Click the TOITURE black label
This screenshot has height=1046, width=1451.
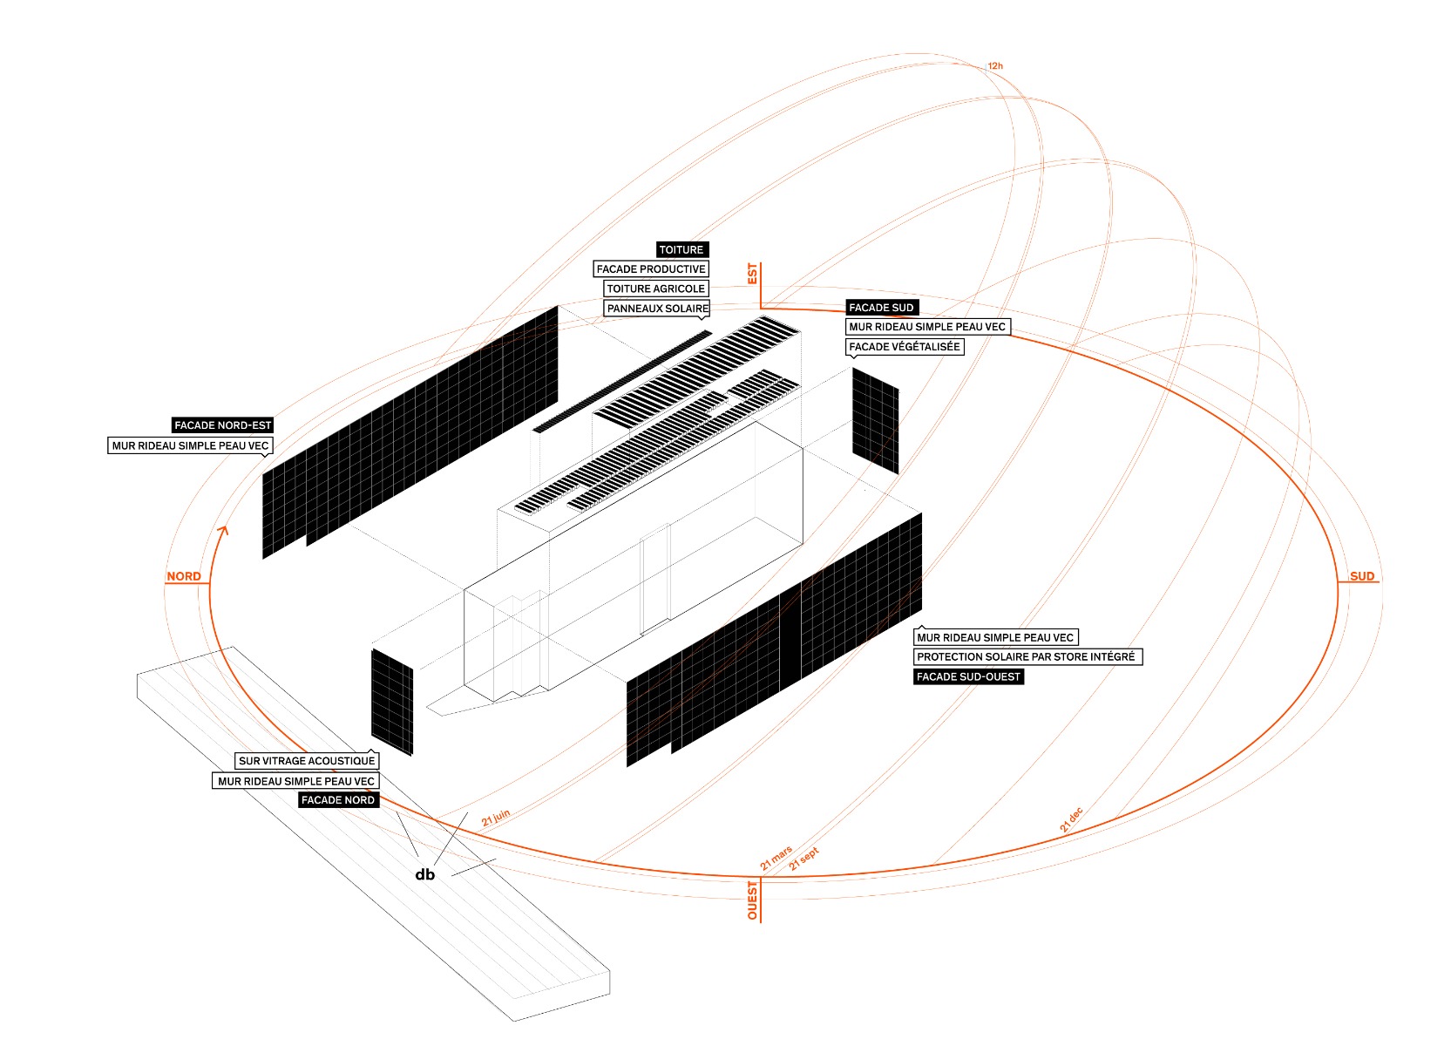681,249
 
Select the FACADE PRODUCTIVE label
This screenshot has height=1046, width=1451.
651,269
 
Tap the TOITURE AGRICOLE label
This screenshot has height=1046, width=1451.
655,289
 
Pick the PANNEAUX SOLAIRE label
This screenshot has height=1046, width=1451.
657,309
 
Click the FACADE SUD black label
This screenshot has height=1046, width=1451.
881,308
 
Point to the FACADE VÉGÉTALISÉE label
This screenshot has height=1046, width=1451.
905,347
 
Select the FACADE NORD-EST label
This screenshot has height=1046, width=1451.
223,425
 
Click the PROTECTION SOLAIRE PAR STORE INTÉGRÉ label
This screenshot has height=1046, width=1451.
1026,657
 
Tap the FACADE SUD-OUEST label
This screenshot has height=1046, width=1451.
968,676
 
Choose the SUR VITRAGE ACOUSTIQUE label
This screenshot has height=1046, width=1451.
307,761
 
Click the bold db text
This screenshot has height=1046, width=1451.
425,874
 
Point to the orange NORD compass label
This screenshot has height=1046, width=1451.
184,576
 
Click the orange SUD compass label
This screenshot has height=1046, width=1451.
1362,576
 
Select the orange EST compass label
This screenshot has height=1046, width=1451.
753,274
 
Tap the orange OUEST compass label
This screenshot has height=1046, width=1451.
753,900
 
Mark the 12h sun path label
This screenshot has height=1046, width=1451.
995,66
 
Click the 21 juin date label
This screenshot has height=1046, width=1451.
496,818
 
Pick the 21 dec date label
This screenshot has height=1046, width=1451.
1071,820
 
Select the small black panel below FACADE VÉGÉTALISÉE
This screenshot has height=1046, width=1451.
875,421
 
